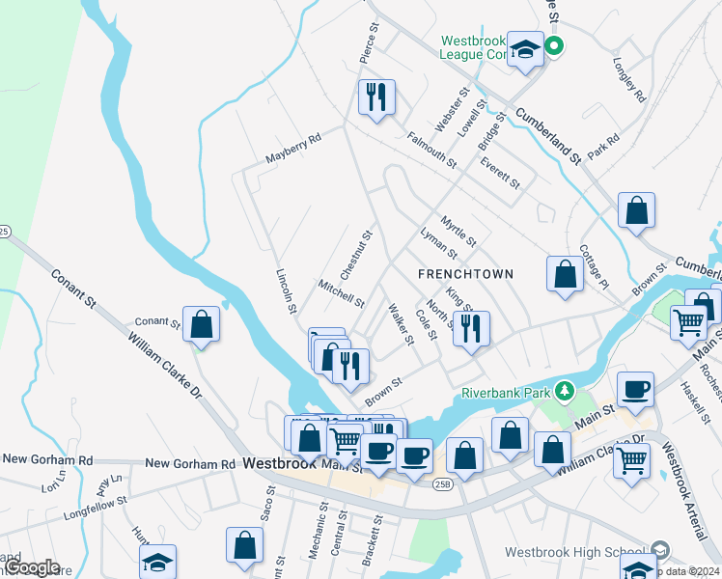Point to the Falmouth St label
tap(430, 150)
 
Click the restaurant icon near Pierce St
tap(375, 96)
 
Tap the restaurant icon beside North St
tap(470, 327)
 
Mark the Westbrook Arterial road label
tap(689, 492)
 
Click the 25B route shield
tap(443, 482)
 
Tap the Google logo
tap(32, 567)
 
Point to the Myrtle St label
tap(458, 231)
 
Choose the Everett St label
tap(500, 172)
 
